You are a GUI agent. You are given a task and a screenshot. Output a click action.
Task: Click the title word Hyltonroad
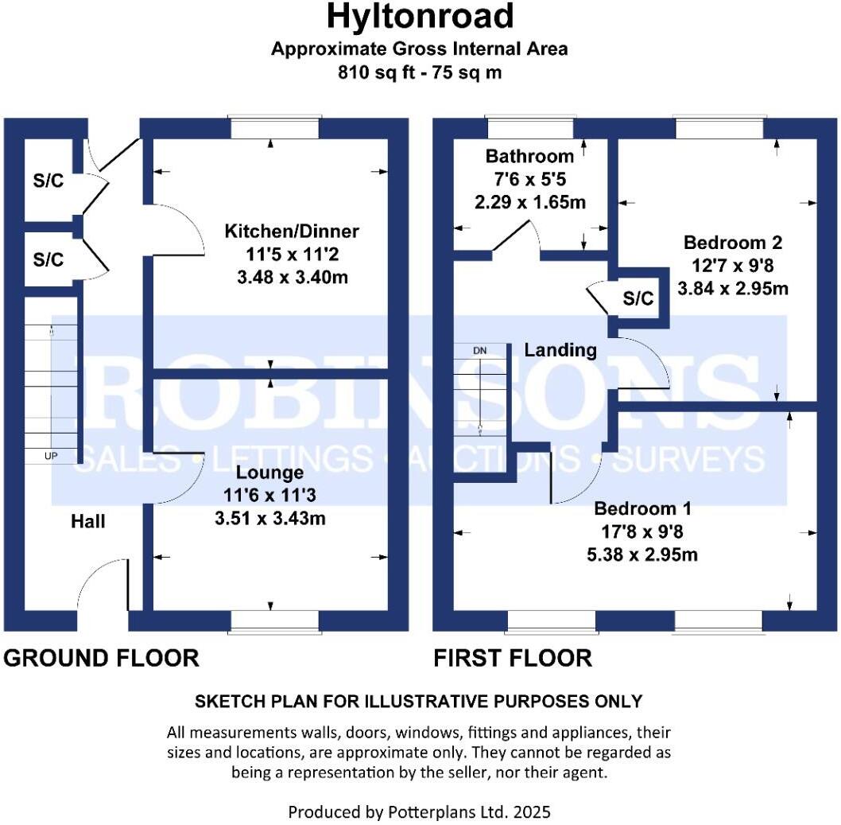(420, 16)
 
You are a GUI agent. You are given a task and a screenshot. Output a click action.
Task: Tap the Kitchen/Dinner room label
(292, 232)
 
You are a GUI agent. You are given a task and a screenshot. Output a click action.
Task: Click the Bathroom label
(529, 156)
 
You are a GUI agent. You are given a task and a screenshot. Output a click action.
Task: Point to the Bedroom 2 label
(733, 242)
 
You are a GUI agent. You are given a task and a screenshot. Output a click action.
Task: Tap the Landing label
(560, 349)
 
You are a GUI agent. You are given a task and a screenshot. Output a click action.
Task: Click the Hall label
(87, 522)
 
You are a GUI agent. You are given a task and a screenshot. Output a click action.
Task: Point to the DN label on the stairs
(479, 351)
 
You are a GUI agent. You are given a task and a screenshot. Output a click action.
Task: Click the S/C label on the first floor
(638, 299)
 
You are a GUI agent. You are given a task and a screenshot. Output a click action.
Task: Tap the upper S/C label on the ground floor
(48, 181)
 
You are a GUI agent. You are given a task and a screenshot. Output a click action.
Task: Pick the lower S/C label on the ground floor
(48, 260)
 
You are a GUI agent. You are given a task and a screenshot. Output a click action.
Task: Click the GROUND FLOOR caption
(101, 658)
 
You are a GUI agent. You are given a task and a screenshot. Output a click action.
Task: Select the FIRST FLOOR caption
(512, 658)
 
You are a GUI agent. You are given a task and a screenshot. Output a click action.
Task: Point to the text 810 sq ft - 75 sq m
(420, 72)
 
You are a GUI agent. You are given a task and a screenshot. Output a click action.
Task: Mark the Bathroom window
(530, 121)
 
